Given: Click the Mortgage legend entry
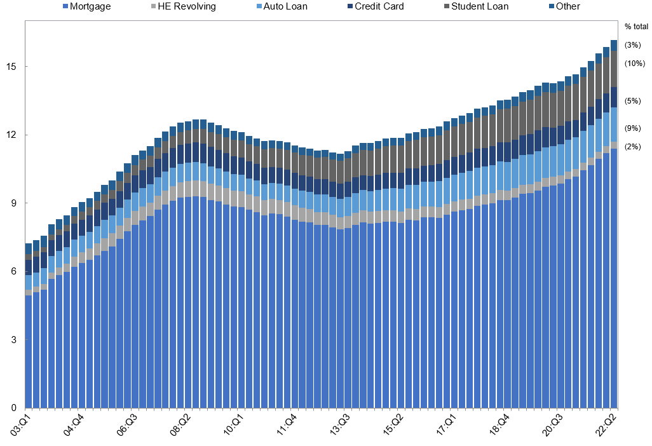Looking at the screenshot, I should coord(89,6).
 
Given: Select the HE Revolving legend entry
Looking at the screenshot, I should coord(187,6).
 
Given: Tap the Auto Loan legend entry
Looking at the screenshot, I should coord(285,6).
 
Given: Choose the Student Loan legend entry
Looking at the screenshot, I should coord(479,6).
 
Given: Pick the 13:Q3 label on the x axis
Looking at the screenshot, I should coord(339,424).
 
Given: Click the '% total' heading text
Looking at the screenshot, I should coord(636,27).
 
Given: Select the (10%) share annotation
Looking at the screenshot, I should coord(635,64).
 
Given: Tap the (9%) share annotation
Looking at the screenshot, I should coord(633,128).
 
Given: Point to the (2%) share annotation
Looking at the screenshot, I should coord(633,147).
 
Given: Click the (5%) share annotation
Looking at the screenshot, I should coord(633,100).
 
